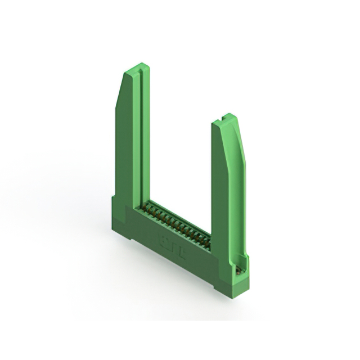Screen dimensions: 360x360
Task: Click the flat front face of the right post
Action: [x=222, y=186]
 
